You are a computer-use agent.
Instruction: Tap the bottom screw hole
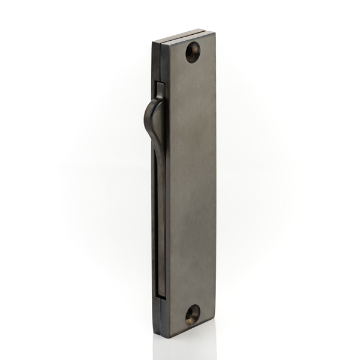[192, 314]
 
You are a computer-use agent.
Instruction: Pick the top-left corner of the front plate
[170, 42]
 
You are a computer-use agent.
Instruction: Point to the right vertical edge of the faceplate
[215, 180]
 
